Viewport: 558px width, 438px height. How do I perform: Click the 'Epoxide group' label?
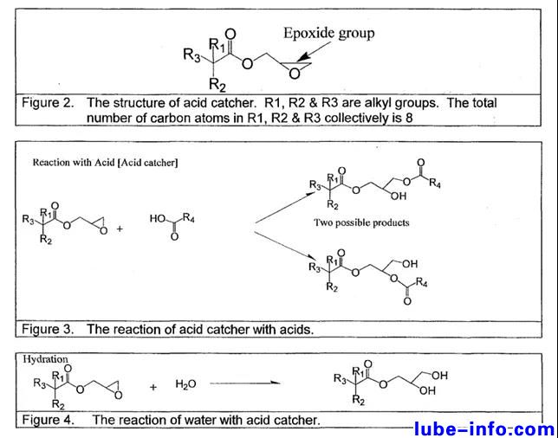pos(328,34)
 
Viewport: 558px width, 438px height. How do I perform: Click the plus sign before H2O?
pos(152,387)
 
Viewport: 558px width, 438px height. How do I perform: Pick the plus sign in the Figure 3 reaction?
pos(119,229)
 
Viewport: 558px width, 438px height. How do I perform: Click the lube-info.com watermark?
pos(483,428)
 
